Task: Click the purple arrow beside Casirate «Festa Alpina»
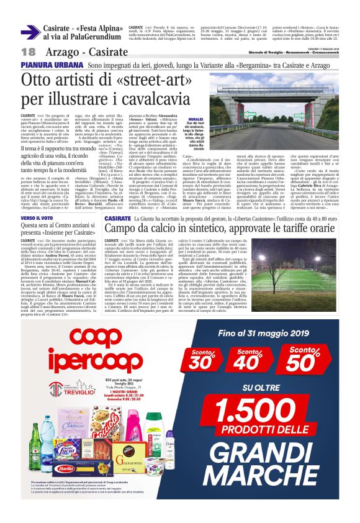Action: tap(31, 31)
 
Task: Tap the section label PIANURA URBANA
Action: tap(44, 65)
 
